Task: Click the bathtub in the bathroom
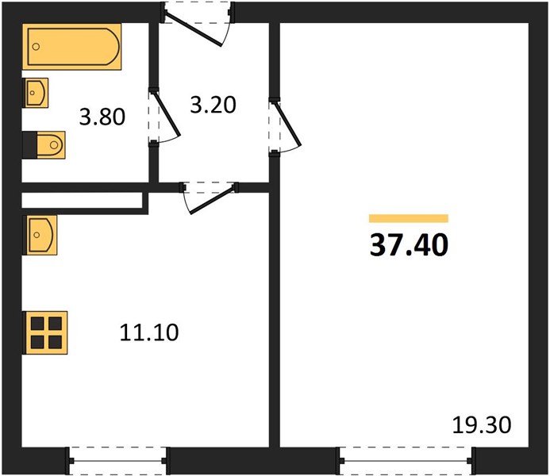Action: click(x=72, y=46)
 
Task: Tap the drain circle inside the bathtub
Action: click(x=36, y=47)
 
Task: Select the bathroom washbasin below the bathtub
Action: click(x=36, y=93)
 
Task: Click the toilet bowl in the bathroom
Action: click(x=52, y=144)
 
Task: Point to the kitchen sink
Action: click(x=40, y=235)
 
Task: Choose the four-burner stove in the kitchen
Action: click(x=45, y=332)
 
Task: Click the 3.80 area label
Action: click(x=102, y=117)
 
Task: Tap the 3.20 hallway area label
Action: click(x=213, y=105)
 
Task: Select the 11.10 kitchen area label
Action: click(x=149, y=332)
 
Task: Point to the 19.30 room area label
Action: click(x=482, y=424)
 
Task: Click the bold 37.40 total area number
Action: click(x=409, y=244)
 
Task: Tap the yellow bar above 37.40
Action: click(x=409, y=218)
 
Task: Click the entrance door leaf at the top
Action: click(x=193, y=29)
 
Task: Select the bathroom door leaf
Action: click(x=166, y=113)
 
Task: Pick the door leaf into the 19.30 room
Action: click(x=287, y=123)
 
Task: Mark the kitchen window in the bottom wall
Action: click(x=117, y=461)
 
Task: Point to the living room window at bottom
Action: click(x=406, y=461)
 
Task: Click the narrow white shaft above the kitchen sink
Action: click(x=82, y=200)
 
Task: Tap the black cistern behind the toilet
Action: click(x=30, y=144)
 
